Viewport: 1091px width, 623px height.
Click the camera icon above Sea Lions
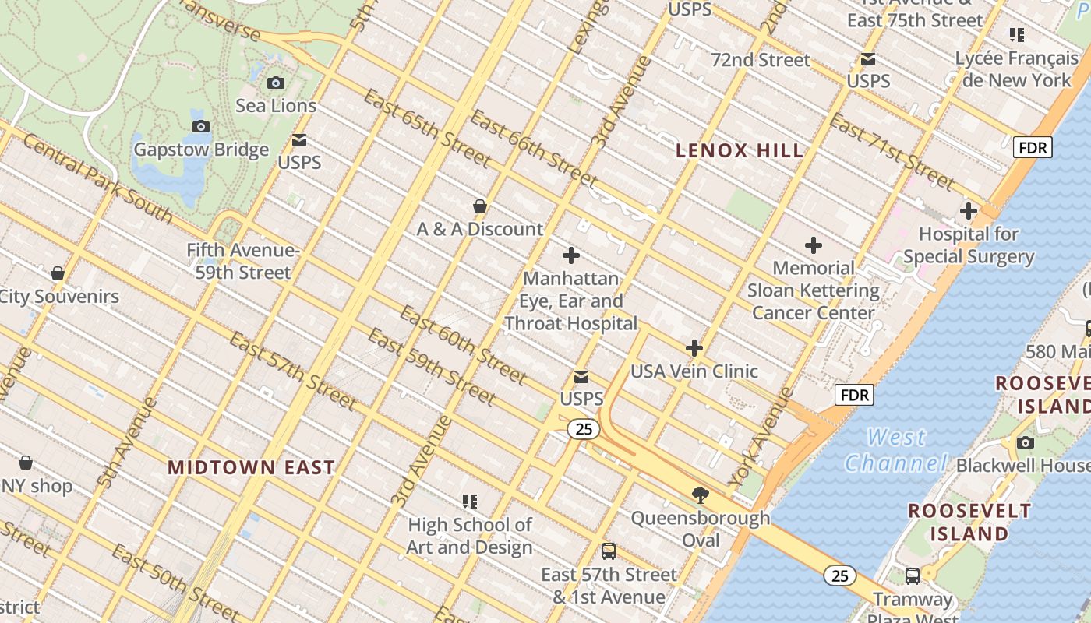[276, 83]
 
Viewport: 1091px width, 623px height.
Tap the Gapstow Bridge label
[201, 150]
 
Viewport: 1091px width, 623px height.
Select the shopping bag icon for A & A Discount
[480, 206]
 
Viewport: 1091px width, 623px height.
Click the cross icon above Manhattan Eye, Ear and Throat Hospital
[571, 255]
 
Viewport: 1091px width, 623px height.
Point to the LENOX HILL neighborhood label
[739, 151]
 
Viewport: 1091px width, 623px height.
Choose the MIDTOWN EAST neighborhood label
[251, 467]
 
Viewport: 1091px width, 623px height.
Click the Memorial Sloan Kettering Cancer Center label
[813, 290]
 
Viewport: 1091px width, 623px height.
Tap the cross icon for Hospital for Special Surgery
[969, 211]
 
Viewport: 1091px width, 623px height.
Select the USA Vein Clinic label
[693, 371]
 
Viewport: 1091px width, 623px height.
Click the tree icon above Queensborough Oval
[701, 495]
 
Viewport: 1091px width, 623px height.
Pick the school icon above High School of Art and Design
[469, 501]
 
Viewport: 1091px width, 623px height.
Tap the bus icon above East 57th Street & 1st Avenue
[609, 551]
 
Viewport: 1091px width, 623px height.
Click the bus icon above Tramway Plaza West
[912, 576]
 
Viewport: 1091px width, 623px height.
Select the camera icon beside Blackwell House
[1026, 442]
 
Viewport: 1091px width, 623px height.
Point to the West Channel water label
[895, 450]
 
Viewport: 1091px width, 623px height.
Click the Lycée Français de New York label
[1016, 69]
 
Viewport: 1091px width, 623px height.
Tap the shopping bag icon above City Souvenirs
[57, 273]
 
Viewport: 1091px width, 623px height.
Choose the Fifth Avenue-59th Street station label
[242, 262]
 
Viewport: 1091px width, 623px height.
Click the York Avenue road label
[762, 435]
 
